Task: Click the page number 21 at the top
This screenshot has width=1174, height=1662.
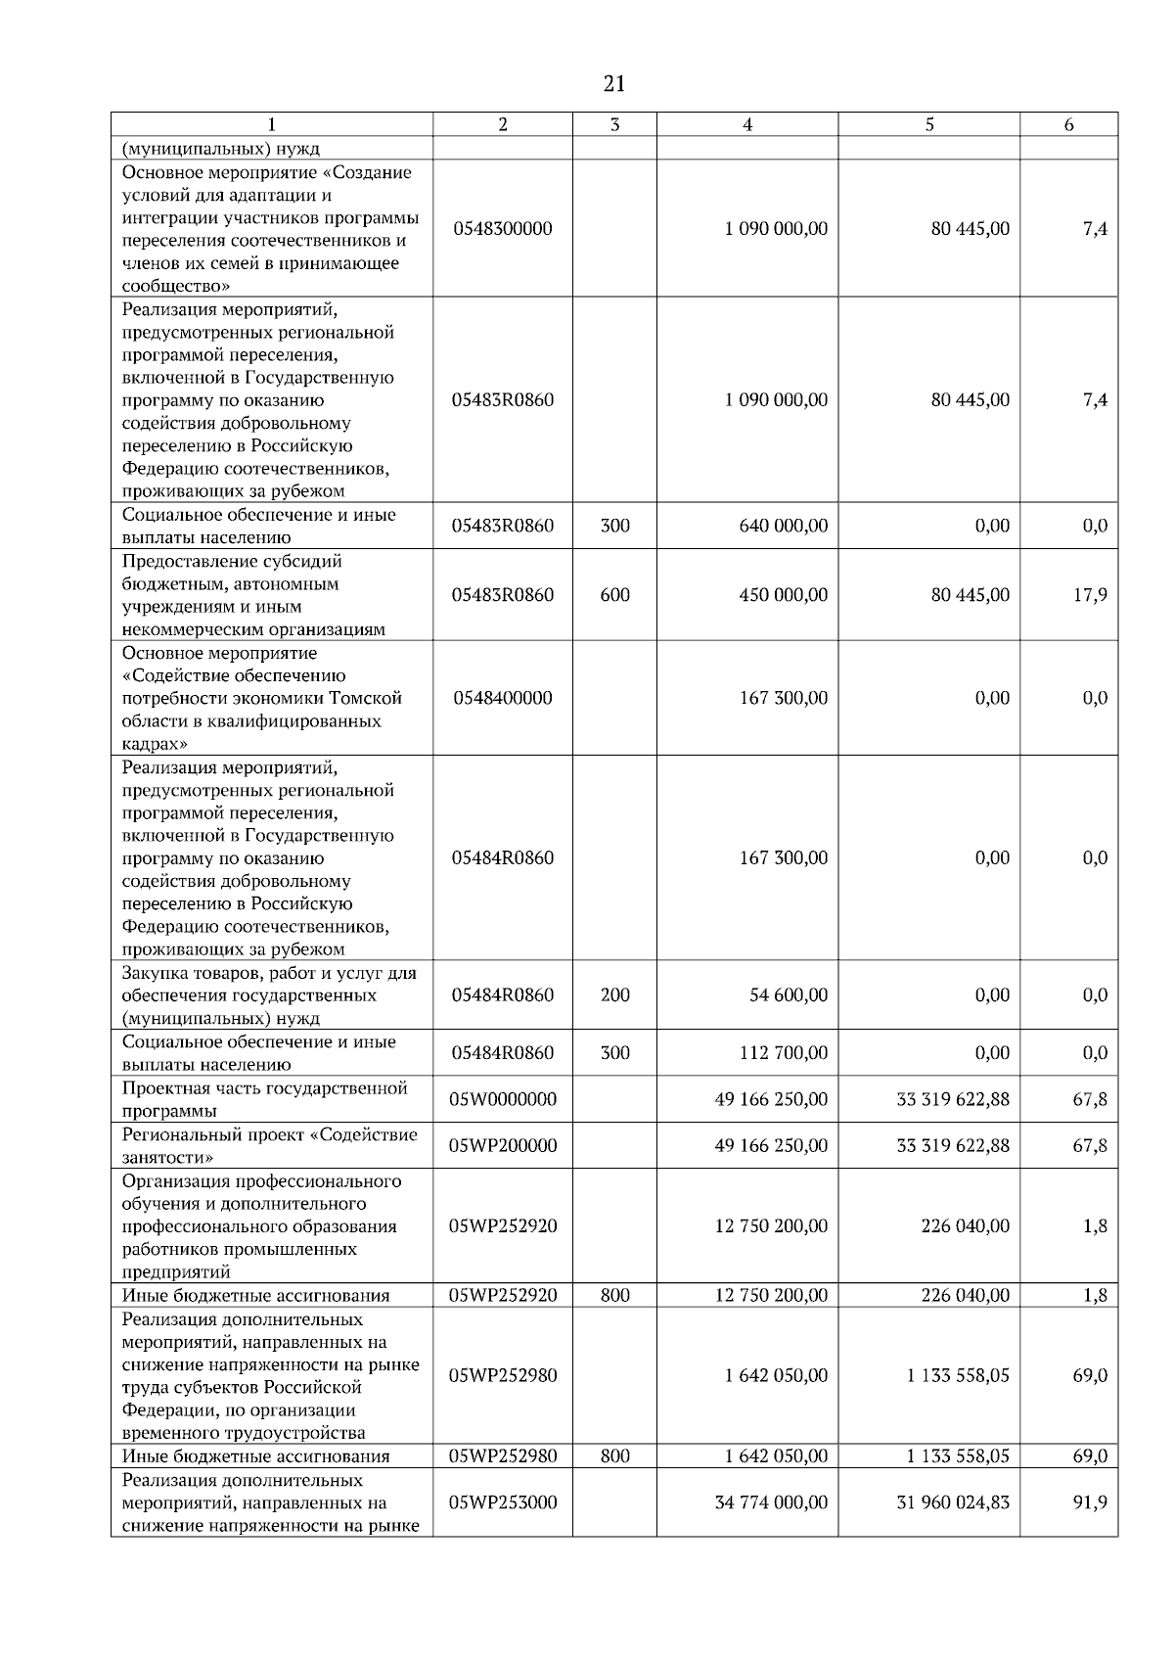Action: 614,84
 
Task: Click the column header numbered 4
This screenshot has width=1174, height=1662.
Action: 747,124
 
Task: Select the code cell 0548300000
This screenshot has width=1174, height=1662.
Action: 503,228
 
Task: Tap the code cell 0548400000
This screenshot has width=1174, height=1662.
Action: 503,698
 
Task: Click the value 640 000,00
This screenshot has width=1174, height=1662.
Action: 783,526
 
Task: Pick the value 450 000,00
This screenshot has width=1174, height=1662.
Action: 783,594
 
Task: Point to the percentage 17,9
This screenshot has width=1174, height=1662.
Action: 1090,594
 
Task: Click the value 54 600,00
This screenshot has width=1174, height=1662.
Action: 789,994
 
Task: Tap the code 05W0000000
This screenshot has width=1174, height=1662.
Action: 503,1099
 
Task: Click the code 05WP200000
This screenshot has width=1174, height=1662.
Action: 503,1145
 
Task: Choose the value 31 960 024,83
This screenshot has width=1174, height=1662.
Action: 953,1501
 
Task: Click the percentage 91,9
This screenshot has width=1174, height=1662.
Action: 1090,1501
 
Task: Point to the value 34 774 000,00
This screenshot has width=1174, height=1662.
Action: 771,1501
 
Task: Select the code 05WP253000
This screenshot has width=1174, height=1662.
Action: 503,1501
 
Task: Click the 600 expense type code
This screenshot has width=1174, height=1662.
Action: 614,594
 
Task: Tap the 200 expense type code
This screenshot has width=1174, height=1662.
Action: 614,994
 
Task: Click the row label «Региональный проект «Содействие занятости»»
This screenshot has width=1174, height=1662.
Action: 269,1145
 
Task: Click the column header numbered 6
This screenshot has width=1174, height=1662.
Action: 1068,124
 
